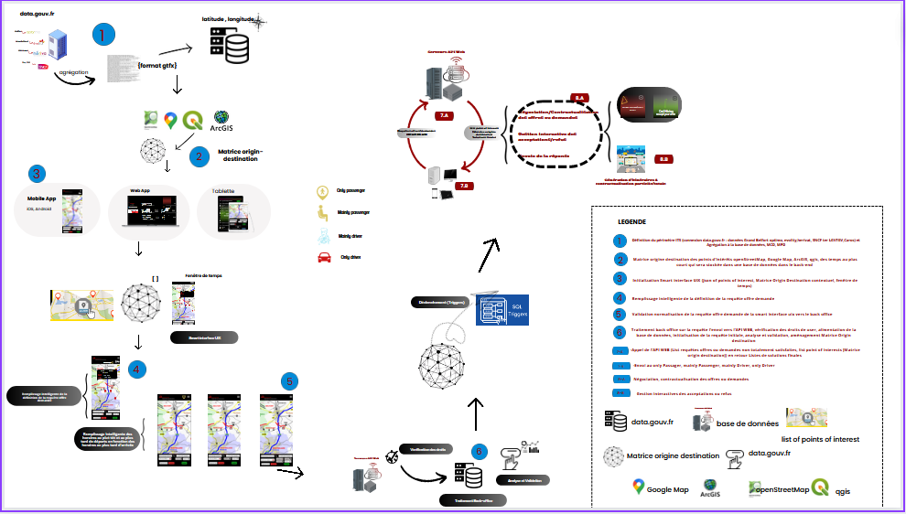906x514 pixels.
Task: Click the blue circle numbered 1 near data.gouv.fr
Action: pyautogui.click(x=103, y=36)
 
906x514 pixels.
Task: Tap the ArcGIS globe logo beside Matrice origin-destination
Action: pyautogui.click(x=221, y=118)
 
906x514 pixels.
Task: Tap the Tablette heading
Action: pyautogui.click(x=223, y=191)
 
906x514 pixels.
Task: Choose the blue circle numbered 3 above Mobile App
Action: pyautogui.click(x=37, y=173)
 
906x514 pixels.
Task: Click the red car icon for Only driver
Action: pyautogui.click(x=323, y=258)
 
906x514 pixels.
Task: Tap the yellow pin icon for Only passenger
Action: pyautogui.click(x=322, y=192)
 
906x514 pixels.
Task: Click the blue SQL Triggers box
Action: pyautogui.click(x=502, y=312)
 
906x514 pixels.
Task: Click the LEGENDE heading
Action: pyautogui.click(x=631, y=221)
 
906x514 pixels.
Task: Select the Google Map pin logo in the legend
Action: pyautogui.click(x=638, y=487)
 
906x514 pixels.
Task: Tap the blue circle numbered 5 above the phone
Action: pyautogui.click(x=288, y=381)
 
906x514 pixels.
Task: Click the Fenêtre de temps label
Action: pyautogui.click(x=204, y=274)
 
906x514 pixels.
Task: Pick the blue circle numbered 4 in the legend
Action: pyautogui.click(x=621, y=297)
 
